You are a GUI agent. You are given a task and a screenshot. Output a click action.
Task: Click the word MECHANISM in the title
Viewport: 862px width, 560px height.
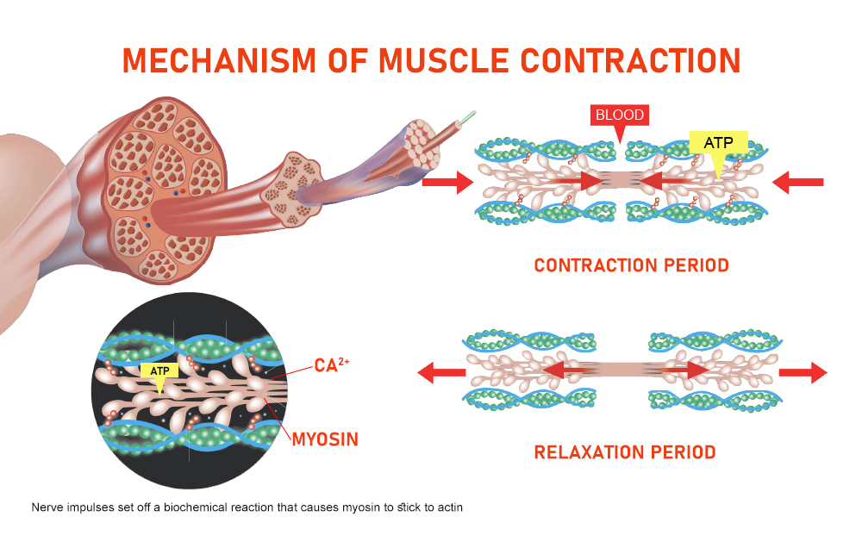click(219, 60)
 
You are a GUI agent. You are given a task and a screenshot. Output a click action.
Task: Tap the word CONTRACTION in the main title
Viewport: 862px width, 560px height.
click(630, 60)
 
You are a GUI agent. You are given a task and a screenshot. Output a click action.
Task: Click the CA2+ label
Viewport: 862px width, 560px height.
click(332, 365)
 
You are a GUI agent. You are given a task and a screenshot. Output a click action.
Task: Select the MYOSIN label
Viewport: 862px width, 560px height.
click(325, 439)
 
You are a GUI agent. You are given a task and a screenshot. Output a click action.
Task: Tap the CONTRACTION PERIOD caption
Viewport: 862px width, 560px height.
click(631, 265)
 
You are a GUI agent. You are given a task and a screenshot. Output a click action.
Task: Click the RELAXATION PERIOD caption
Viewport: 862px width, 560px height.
click(625, 452)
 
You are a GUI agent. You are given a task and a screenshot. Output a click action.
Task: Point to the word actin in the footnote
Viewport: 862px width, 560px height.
click(450, 507)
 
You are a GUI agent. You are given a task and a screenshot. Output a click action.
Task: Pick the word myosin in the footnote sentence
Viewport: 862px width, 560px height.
click(360, 507)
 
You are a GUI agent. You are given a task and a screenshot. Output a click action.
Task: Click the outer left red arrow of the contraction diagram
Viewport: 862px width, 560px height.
click(448, 183)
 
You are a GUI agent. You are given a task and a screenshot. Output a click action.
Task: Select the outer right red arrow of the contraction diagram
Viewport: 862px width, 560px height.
click(797, 183)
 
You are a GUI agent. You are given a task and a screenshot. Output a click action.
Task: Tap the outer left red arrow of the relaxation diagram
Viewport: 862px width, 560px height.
click(441, 372)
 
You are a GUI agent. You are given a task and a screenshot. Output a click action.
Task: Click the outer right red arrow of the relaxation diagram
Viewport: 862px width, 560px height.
click(803, 372)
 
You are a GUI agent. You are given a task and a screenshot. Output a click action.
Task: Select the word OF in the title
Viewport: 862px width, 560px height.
click(347, 60)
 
